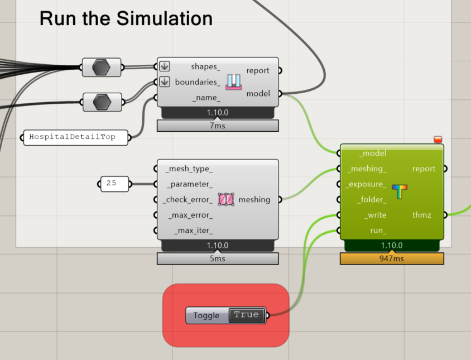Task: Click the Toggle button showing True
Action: click(x=246, y=315)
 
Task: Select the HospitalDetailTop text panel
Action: click(x=75, y=137)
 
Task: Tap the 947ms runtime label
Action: click(x=392, y=258)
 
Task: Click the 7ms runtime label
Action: click(x=217, y=126)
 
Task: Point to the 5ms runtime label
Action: click(x=217, y=258)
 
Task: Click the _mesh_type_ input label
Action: click(x=189, y=169)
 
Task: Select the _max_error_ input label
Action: click(x=190, y=215)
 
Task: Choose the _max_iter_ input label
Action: click(x=193, y=231)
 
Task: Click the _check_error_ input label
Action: click(x=188, y=199)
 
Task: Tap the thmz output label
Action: click(x=421, y=215)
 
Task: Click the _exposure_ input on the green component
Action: click(x=366, y=184)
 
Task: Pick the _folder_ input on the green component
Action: click(x=371, y=199)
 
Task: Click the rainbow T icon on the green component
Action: click(x=399, y=192)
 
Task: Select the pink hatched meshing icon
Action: click(x=225, y=199)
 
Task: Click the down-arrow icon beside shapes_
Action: click(x=164, y=66)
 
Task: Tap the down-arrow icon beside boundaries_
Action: click(x=164, y=82)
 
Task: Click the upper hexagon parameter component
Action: click(x=102, y=67)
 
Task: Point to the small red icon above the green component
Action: click(x=438, y=140)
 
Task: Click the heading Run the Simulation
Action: click(x=126, y=18)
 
